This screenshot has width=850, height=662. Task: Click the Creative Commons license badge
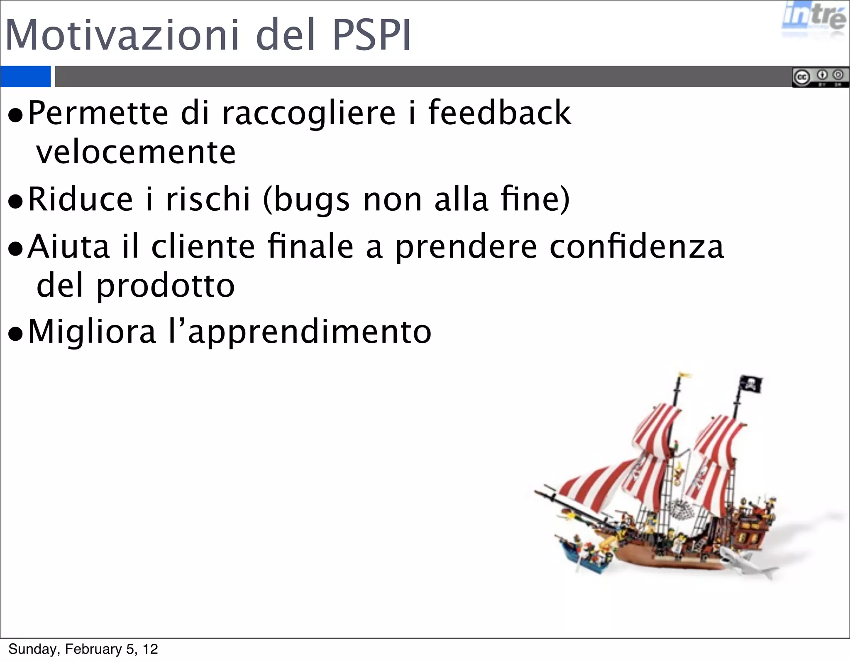point(820,77)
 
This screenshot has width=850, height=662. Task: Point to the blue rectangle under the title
point(25,76)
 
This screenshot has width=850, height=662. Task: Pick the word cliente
point(203,246)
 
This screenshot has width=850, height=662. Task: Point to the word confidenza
point(637,246)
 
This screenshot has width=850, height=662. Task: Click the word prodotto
point(166,286)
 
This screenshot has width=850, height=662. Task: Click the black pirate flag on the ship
point(751,384)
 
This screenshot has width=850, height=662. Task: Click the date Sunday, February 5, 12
point(83,649)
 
